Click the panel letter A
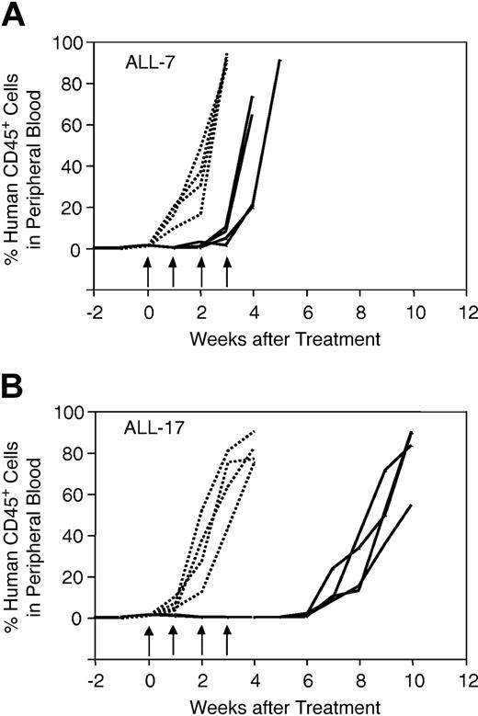click(x=15, y=16)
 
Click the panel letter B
click(x=15, y=381)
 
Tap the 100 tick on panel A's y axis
click(x=69, y=42)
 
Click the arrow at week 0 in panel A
click(x=148, y=273)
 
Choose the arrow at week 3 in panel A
click(x=227, y=273)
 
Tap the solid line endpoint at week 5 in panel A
click(x=280, y=61)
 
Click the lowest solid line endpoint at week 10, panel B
click(x=411, y=505)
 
